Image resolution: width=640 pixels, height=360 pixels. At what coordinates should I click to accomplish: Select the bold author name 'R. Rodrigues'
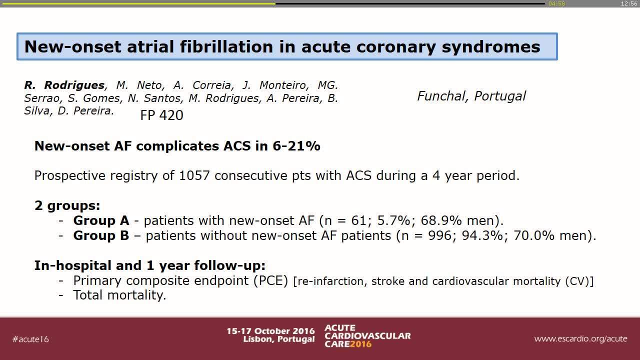tap(64, 85)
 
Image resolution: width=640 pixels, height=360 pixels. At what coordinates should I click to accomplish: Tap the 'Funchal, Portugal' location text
tap(471, 96)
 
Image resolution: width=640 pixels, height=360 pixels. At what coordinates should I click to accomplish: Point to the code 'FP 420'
tap(161, 115)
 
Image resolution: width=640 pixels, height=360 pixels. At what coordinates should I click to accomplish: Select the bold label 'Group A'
tap(101, 220)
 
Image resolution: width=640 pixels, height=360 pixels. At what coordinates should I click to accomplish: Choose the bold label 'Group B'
tap(101, 235)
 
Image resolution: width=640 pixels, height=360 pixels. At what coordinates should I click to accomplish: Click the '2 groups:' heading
tap(67, 205)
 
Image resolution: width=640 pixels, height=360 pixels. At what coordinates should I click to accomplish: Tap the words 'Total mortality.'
tap(119, 295)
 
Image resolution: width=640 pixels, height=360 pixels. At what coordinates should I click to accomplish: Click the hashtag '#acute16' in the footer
tap(30, 339)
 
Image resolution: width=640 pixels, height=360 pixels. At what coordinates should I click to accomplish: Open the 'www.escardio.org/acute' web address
tap(580, 338)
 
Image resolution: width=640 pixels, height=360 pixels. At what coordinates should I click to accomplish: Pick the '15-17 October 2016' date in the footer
tap(270, 331)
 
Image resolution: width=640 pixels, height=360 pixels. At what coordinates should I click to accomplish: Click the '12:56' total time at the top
tap(628, 3)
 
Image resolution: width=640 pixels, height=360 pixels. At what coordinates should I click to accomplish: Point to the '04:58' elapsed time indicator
tap(556, 3)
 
